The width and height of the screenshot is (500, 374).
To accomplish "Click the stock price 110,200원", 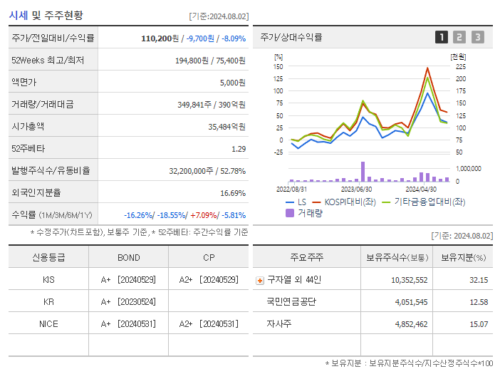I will pyautogui.click(x=161, y=38).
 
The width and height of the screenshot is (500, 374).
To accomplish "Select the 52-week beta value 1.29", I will pyautogui.click(x=238, y=149).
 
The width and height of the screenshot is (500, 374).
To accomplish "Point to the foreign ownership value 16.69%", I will pyautogui.click(x=232, y=193).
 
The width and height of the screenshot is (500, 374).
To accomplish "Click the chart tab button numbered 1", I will pyautogui.click(x=442, y=37).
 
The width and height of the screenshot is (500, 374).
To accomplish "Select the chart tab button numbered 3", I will pyautogui.click(x=477, y=37).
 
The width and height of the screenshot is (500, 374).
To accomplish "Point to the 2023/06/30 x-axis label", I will pyautogui.click(x=356, y=189).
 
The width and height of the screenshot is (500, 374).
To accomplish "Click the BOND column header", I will pyautogui.click(x=128, y=258).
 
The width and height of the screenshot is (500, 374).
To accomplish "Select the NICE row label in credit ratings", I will pyautogui.click(x=48, y=324).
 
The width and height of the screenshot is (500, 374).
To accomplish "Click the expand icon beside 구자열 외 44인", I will pyautogui.click(x=259, y=280).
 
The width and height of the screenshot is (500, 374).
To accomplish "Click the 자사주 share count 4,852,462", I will pyautogui.click(x=409, y=324).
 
